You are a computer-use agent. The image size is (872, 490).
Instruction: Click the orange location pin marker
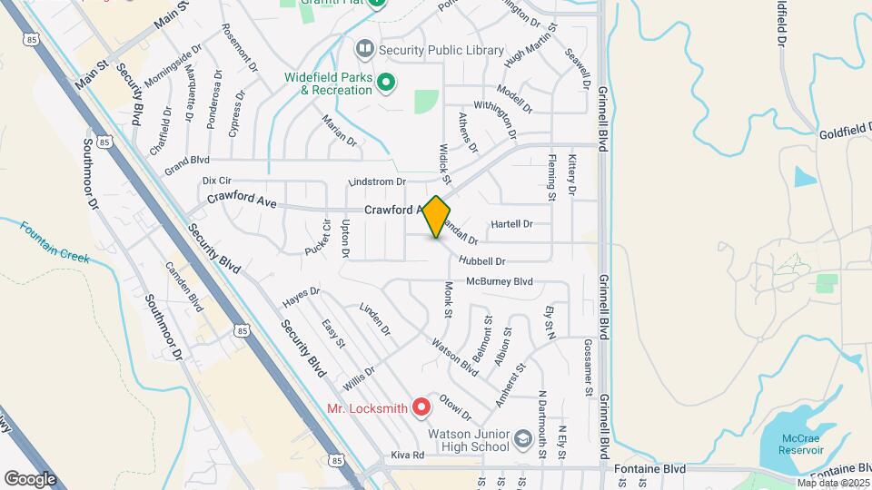[x=437, y=216]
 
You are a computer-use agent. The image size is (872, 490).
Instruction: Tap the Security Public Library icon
[x=364, y=46]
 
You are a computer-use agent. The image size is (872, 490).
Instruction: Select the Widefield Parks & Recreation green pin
[x=386, y=83]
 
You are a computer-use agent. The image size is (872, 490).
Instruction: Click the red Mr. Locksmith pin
[x=421, y=407]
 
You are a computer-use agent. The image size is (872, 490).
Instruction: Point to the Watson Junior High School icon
[x=522, y=440]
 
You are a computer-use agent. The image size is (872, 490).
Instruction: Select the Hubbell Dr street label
[x=481, y=261]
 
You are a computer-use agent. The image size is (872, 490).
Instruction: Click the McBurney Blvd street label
[x=499, y=281]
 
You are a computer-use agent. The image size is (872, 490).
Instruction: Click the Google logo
[x=30, y=478]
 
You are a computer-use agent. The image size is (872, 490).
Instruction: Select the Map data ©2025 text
[x=832, y=483]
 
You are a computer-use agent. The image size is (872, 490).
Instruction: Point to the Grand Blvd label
[x=187, y=165]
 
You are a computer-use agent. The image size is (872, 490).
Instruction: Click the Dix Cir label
[x=218, y=181]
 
